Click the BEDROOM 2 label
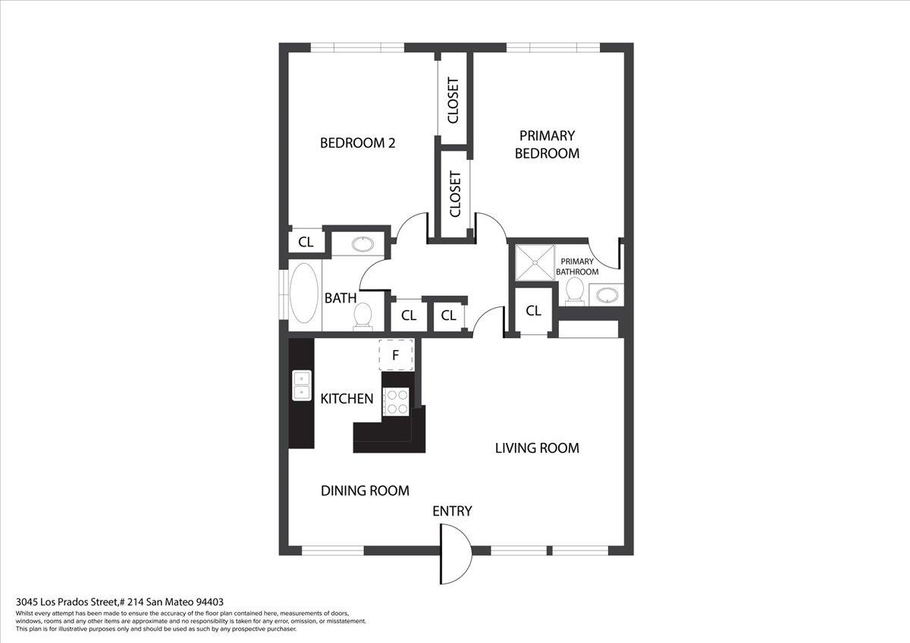(x=357, y=143)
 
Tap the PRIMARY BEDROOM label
(x=548, y=144)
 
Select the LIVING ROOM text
(x=537, y=448)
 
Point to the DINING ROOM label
(x=365, y=491)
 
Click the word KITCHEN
(x=347, y=399)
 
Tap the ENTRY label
(x=452, y=511)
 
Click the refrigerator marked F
(x=396, y=355)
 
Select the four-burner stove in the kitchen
(x=397, y=402)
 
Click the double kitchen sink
(x=302, y=385)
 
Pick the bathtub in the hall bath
(x=304, y=293)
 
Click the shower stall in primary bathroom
(x=535, y=262)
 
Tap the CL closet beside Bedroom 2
(x=306, y=242)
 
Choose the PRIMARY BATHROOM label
(x=577, y=266)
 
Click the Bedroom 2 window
(x=357, y=48)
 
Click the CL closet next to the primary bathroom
(x=533, y=311)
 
